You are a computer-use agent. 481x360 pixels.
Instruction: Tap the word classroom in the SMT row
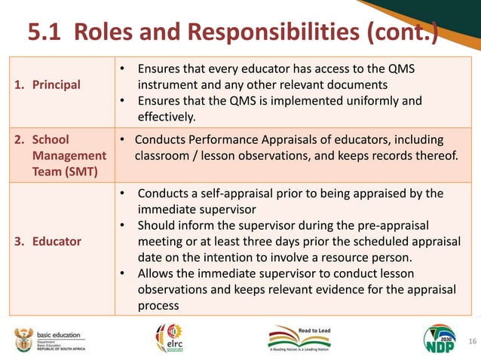(x=164, y=156)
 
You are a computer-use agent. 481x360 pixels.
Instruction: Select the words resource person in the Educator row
(x=367, y=258)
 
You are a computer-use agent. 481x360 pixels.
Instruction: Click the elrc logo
(x=169, y=339)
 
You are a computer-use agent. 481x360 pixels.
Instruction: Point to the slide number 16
(x=473, y=341)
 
